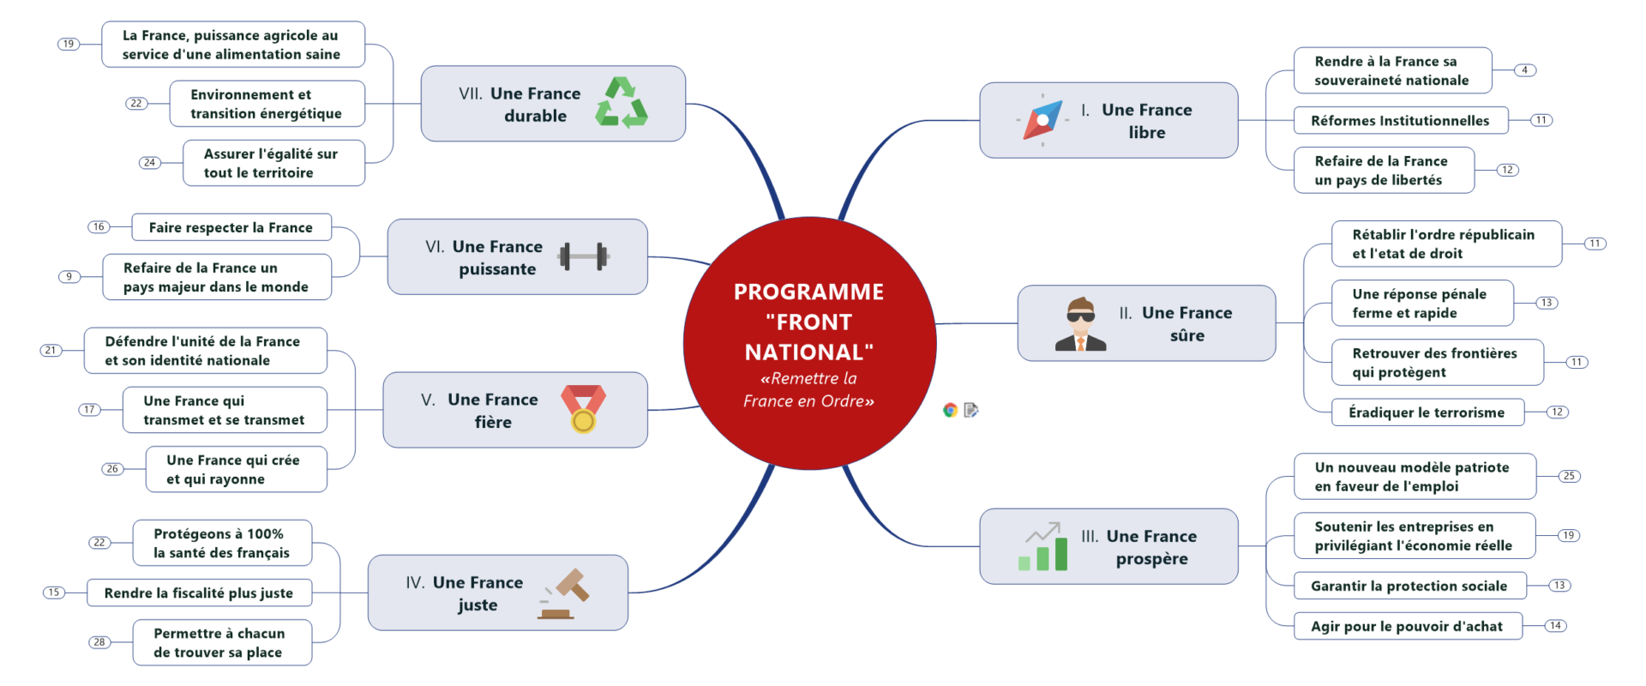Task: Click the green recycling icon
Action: (622, 103)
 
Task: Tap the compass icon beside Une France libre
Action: (1042, 120)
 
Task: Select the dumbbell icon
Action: (583, 256)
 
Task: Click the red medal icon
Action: (583, 408)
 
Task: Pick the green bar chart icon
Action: (1043, 547)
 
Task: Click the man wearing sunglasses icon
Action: (1080, 324)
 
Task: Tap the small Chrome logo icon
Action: (950, 410)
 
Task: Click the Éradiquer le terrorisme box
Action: (1427, 412)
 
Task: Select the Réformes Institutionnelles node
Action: (1400, 121)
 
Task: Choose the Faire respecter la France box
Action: (231, 227)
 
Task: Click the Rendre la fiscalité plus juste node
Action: (199, 593)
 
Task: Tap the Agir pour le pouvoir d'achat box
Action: (1407, 626)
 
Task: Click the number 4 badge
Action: (1524, 70)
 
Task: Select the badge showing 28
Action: (99, 641)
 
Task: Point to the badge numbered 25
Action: (1569, 476)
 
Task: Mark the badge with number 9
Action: (69, 276)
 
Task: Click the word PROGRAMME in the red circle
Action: (808, 292)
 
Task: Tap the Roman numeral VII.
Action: (471, 93)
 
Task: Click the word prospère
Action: (1151, 559)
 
